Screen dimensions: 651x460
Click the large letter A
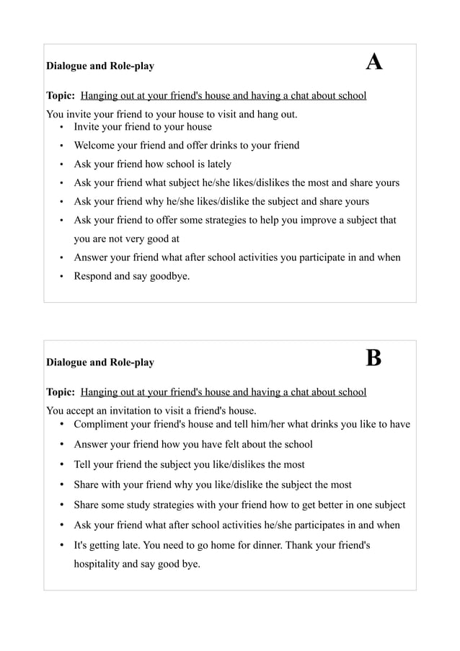[373, 62]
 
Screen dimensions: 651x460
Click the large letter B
[373, 358]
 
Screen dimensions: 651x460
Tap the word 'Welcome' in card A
[94, 146]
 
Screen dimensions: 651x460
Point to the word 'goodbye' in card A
[169, 276]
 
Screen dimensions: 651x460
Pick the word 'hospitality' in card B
[97, 564]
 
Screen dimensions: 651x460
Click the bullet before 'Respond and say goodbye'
[62, 276]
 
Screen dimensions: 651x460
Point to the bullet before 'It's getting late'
[62, 545]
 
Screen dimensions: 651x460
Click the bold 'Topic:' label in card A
[61, 95]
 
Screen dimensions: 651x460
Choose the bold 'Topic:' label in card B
[61, 392]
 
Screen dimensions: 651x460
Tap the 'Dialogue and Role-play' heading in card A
[100, 66]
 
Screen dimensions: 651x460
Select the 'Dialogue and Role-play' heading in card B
[100, 363]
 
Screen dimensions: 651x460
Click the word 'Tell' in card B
[84, 464]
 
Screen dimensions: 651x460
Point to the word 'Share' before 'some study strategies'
[87, 505]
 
